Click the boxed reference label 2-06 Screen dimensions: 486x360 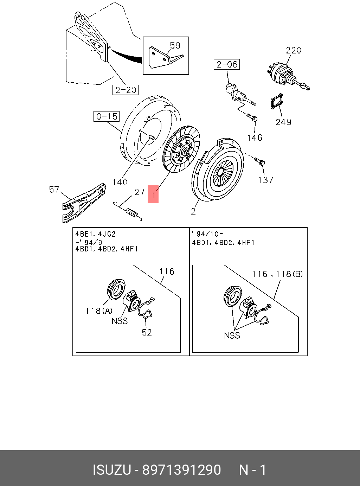[227, 64]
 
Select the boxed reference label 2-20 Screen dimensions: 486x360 [126, 90]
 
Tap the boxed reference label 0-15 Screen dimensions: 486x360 [107, 116]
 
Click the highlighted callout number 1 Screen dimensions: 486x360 [153, 194]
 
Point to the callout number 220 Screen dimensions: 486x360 [294, 50]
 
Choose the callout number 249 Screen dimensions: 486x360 [283, 122]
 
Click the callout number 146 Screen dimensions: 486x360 [255, 138]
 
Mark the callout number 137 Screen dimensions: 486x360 [265, 180]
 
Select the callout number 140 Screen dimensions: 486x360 [120, 182]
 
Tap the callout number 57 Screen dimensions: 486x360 [54, 190]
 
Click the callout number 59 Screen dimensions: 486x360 [175, 45]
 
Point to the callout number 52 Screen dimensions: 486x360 [147, 332]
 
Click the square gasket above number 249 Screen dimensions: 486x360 [276, 101]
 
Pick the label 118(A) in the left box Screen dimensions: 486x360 [99, 311]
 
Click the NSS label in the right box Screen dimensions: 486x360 [232, 335]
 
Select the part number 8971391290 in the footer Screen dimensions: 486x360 [181, 470]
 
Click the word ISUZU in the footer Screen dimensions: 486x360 [112, 470]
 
